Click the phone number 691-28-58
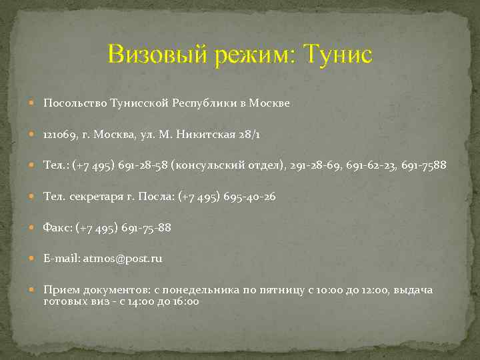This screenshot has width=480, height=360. click(145, 165)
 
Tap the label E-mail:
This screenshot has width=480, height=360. click(61, 258)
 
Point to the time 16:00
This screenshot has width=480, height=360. click(185, 301)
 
